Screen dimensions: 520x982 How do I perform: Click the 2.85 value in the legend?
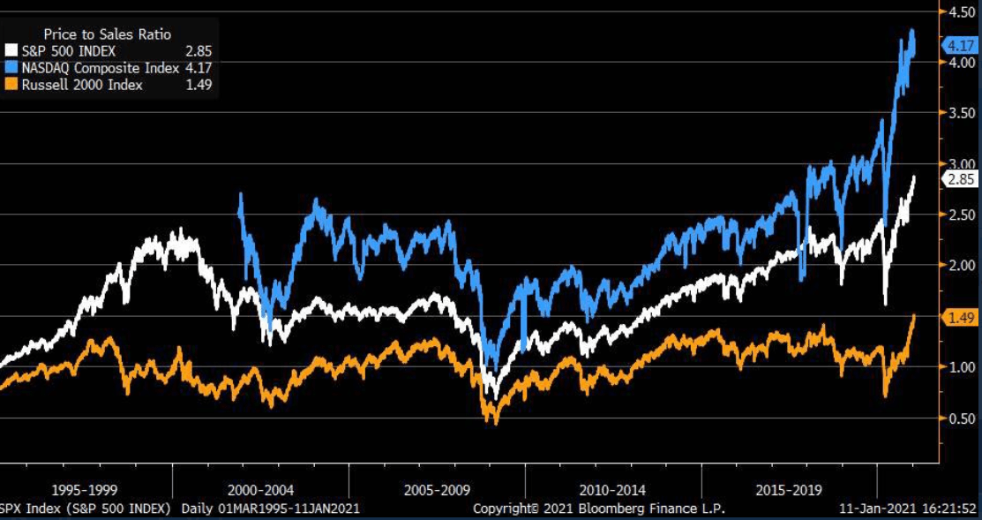(x=199, y=51)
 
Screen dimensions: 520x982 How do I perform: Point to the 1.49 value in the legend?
(x=199, y=84)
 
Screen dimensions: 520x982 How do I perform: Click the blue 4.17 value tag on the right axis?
(x=958, y=45)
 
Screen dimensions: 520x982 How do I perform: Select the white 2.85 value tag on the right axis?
(x=958, y=179)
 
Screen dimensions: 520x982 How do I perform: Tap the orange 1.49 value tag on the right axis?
(x=958, y=318)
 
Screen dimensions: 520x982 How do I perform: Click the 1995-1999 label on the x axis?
(x=85, y=489)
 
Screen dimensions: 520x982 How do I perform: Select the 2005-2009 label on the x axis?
(x=438, y=489)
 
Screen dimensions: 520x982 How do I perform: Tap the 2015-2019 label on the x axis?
(x=790, y=489)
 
